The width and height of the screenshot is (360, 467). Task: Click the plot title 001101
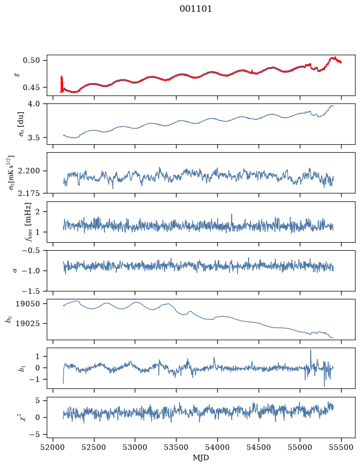pos(195,9)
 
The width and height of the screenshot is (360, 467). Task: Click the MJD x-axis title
pos(201,458)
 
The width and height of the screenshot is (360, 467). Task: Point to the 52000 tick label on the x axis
pos(53,447)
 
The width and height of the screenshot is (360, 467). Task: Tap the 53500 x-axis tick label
pos(177,447)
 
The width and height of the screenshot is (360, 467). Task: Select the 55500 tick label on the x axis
pos(341,447)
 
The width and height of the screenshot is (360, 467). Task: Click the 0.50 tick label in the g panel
pos(31,61)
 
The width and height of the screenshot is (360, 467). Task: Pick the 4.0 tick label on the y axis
pos(34,103)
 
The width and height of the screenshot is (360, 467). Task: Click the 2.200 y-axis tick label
pos(29,171)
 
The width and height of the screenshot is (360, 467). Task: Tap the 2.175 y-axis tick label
pos(29,193)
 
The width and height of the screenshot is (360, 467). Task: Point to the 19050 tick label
pos(27,304)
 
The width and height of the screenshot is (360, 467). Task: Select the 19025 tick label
pos(27,323)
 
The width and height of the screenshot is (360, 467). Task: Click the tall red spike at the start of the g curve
pos(62,84)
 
